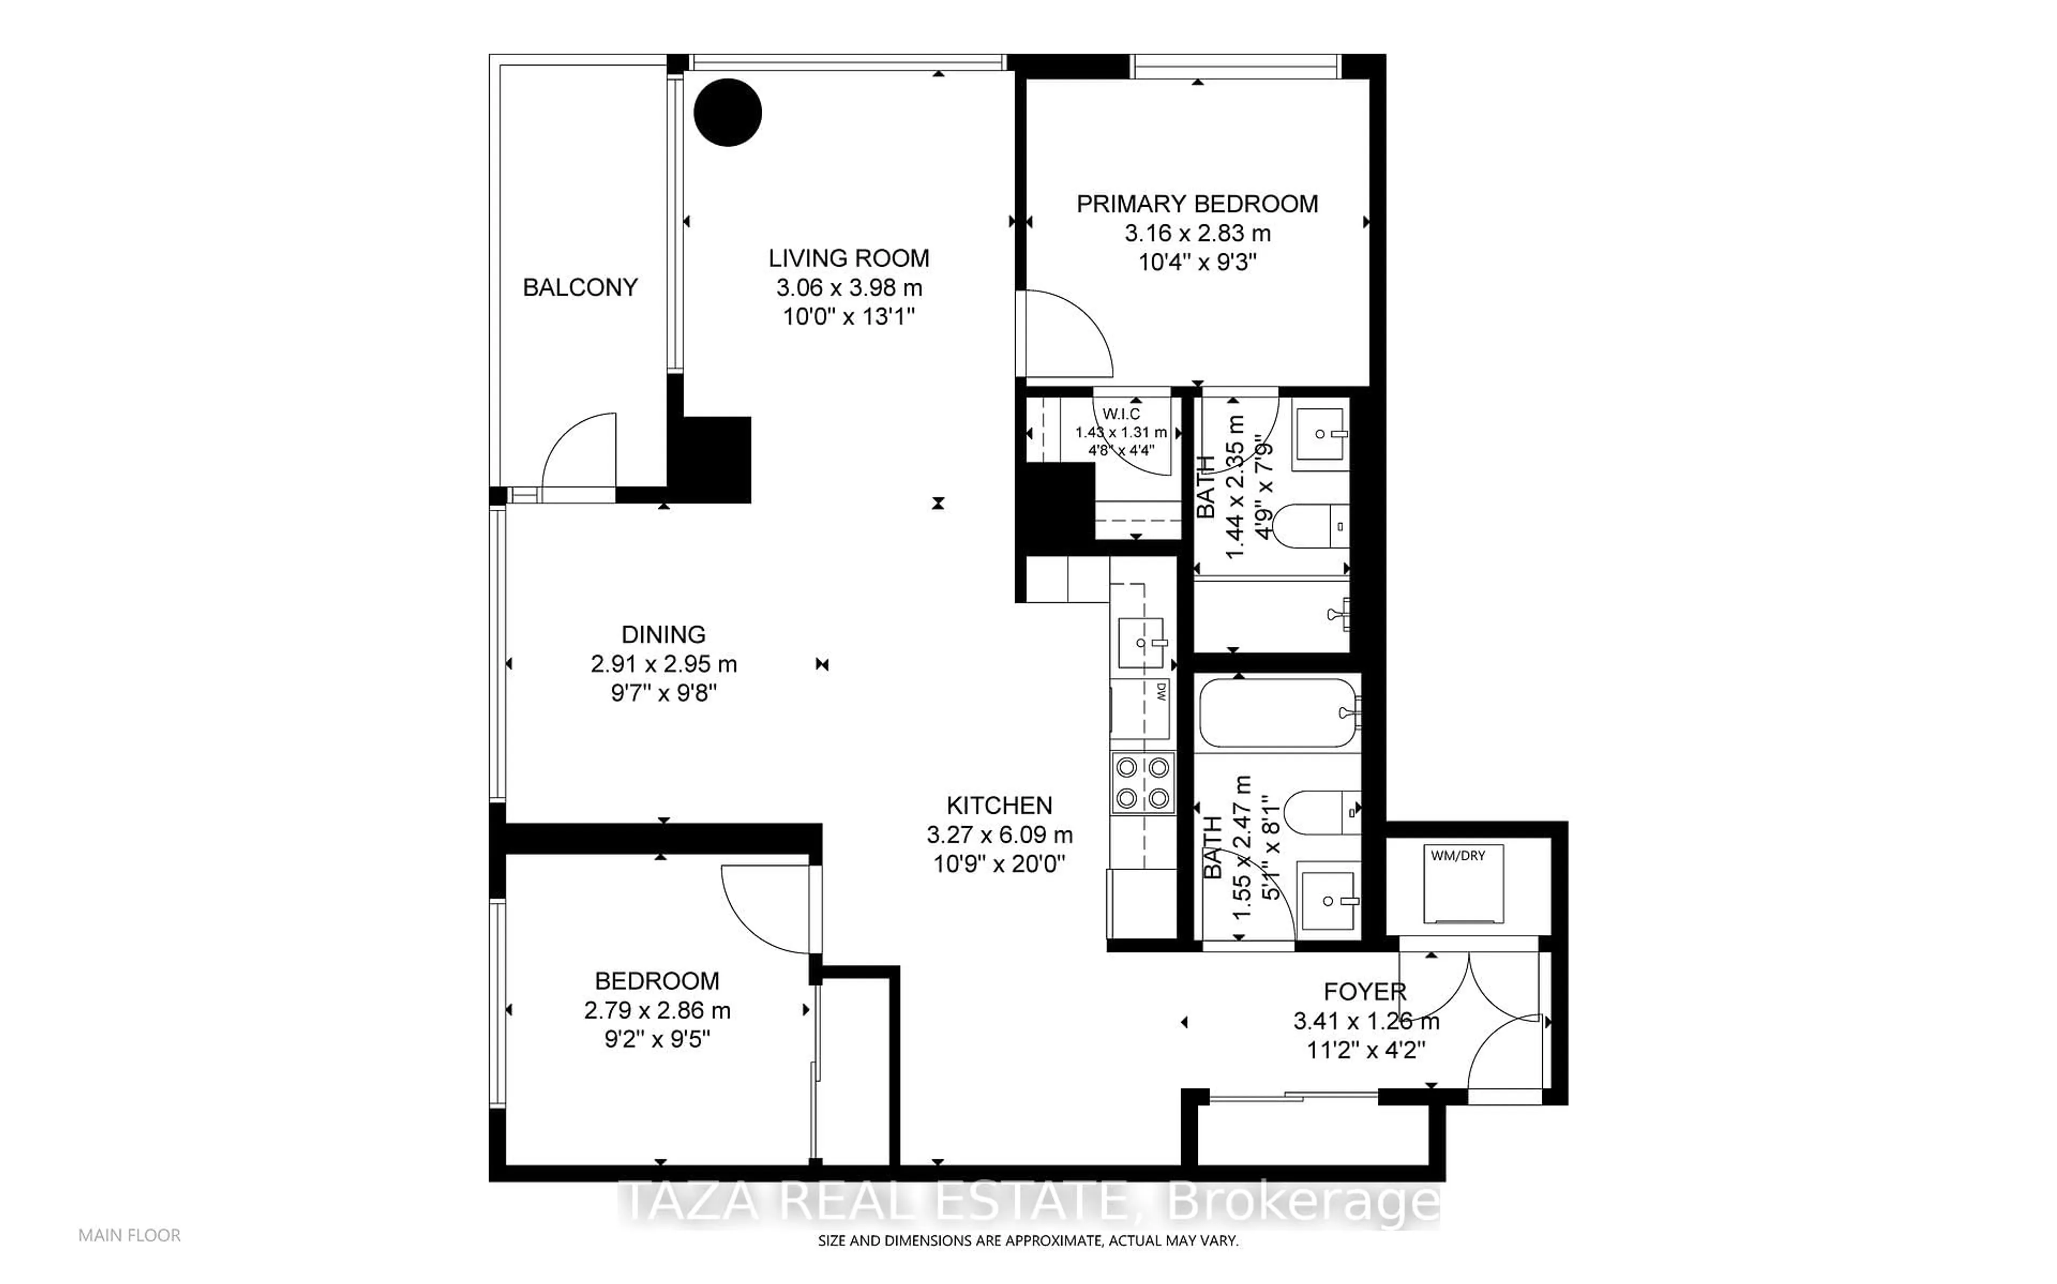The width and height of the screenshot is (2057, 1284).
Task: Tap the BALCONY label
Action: [580, 288]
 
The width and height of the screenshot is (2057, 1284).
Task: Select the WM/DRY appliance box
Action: [1464, 884]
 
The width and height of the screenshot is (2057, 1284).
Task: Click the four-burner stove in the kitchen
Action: [1142, 783]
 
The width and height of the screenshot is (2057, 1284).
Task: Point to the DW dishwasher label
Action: [1161, 692]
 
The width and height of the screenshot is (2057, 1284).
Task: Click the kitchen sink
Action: [1140, 643]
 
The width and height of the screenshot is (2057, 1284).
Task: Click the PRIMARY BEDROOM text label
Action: [1197, 204]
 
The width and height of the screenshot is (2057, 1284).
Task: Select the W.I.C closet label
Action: [1121, 414]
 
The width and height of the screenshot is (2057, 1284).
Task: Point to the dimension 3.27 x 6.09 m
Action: [999, 835]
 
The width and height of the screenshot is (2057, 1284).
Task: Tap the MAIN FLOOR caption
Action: [129, 1236]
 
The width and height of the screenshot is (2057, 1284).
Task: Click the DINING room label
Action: [663, 635]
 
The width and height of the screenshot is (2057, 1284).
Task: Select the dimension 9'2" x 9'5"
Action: [657, 1039]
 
